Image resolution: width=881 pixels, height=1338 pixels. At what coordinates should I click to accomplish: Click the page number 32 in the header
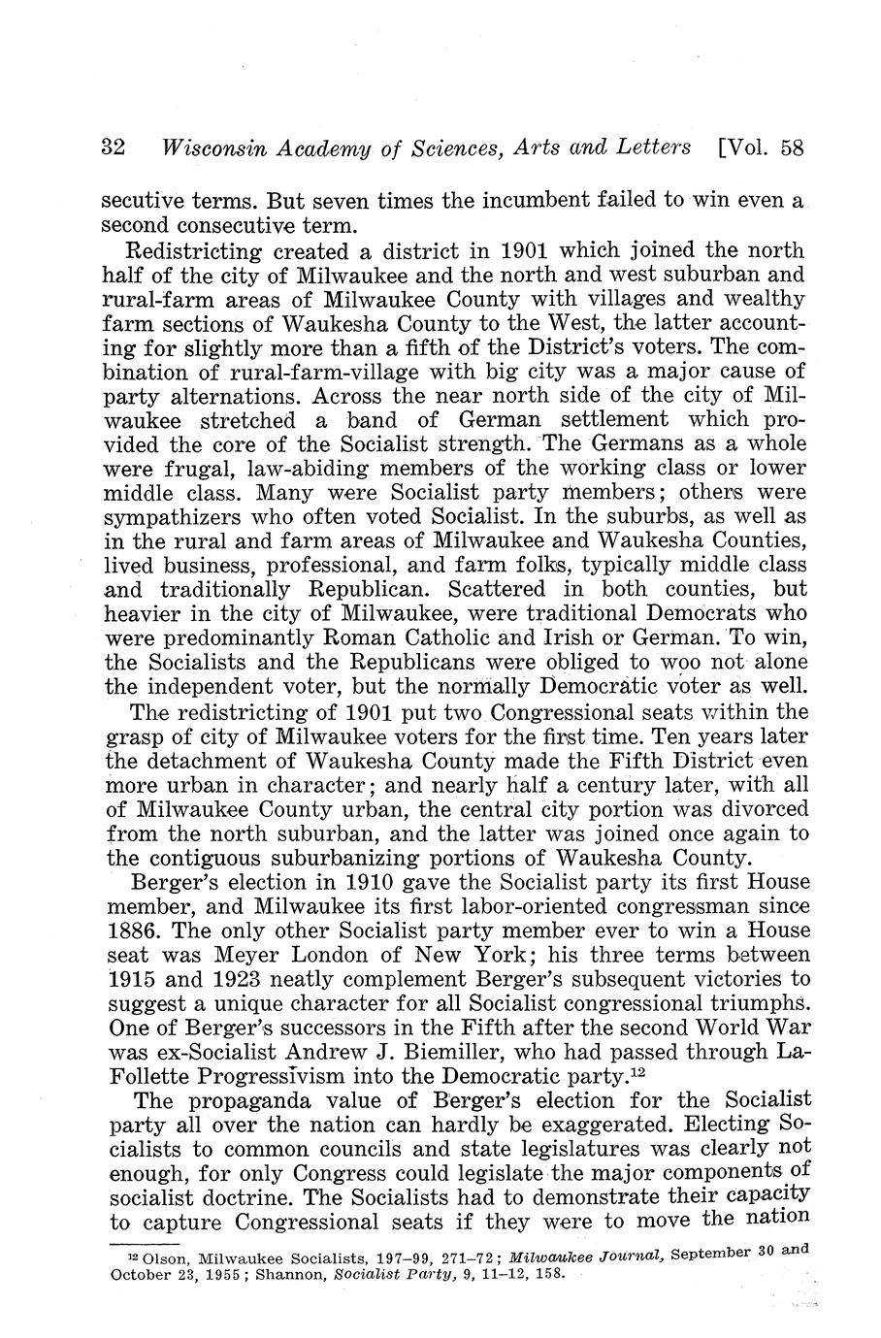click(x=114, y=148)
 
